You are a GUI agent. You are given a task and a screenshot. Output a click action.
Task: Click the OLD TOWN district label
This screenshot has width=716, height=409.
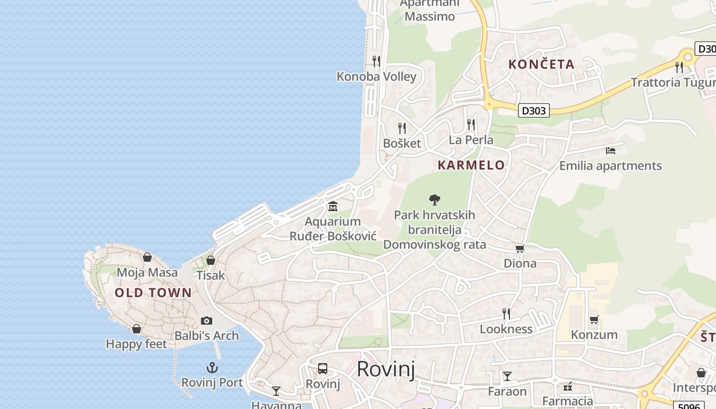153,293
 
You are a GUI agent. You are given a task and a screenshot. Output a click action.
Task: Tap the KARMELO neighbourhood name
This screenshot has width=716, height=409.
471,165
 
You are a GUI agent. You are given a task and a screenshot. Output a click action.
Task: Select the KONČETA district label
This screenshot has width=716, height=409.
542,64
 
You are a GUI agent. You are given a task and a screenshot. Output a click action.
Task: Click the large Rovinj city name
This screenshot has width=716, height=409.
386,369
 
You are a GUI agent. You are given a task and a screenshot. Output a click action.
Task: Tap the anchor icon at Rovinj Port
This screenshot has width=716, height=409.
212,368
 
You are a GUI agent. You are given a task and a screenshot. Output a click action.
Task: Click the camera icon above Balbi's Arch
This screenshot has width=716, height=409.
207,321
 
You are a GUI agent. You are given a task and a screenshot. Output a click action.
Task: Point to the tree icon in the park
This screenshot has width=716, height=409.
435,199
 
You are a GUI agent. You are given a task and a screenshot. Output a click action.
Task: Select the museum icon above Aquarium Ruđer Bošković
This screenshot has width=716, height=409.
333,207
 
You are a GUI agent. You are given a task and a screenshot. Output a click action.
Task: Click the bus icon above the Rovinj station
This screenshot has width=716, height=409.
323,369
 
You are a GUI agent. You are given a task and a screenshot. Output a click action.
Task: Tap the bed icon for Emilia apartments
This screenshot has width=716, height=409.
610,151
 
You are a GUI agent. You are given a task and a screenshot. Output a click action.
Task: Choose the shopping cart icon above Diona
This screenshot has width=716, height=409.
520,249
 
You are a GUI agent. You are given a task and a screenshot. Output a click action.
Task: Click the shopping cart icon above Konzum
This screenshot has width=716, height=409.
594,320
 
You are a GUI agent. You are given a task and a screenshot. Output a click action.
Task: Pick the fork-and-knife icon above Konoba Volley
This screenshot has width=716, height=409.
376,61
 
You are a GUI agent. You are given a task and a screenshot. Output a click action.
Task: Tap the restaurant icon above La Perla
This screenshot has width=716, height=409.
471,124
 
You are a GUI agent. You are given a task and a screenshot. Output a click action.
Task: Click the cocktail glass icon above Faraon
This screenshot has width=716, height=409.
507,376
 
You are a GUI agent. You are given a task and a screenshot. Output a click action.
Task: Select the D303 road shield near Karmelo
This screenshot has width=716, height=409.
533,110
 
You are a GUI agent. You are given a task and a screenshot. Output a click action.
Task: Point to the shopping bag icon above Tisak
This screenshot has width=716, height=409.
210,260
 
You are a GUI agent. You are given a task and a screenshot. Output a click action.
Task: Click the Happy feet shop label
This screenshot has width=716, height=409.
136,344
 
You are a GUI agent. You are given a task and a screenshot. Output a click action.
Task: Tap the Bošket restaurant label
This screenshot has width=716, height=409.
402,143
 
